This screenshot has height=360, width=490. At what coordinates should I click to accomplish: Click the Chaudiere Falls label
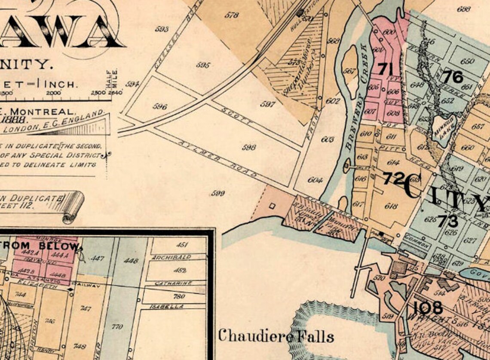(275, 335)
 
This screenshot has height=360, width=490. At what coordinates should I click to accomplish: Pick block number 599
(218, 194)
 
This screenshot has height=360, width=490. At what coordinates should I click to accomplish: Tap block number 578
(232, 15)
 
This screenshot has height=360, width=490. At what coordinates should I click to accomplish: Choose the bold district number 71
(386, 68)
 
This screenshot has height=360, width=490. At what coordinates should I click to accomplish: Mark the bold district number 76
(453, 77)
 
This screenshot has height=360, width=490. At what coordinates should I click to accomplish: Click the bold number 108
(428, 308)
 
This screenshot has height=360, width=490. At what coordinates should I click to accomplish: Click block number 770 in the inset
(117, 327)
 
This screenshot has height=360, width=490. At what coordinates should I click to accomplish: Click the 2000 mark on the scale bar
(53, 92)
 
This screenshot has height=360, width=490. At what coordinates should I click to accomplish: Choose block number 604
(315, 180)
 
